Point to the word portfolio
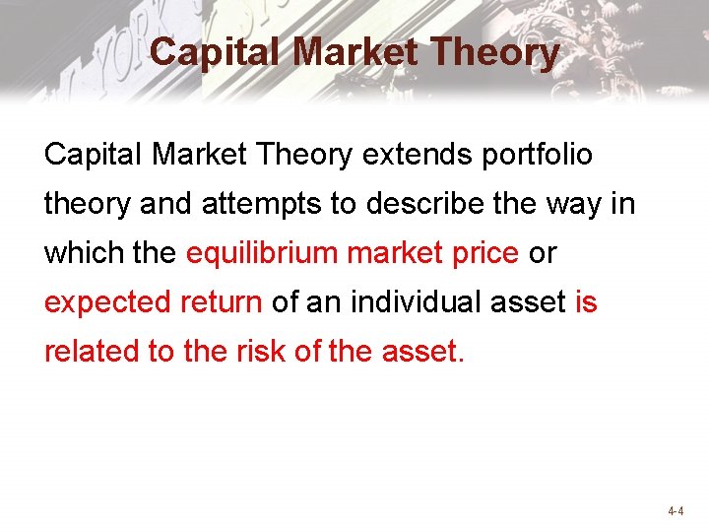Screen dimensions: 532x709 538,155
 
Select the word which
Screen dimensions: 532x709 83,253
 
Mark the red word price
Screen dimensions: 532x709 482,254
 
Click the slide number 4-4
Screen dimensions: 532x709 677,511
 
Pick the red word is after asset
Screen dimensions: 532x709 586,301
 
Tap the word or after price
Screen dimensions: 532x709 543,253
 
